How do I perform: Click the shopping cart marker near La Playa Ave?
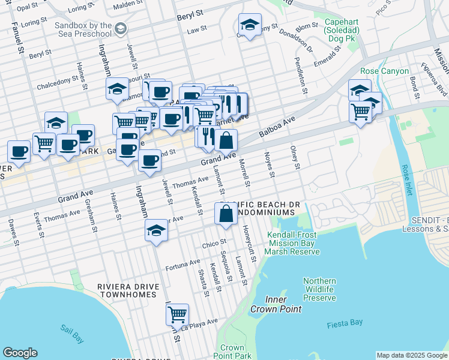point(177,314)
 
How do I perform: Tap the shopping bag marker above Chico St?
point(226,214)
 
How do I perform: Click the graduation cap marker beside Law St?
point(250,25)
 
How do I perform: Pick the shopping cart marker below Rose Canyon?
point(361,112)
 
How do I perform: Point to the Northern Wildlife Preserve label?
point(319,289)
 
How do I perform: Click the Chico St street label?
point(213,244)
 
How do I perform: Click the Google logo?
point(20,352)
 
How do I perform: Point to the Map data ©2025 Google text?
point(411,355)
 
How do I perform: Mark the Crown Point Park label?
point(232,352)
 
